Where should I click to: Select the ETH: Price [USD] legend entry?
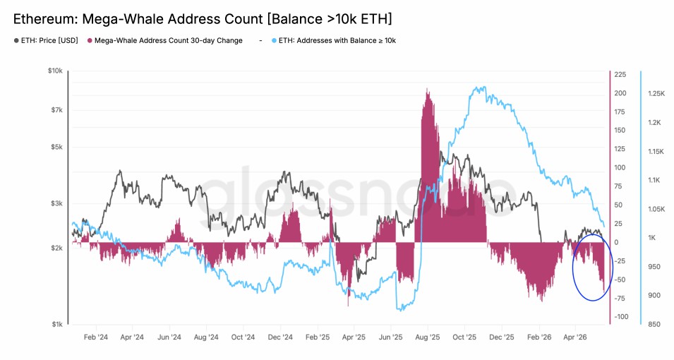(x=46, y=40)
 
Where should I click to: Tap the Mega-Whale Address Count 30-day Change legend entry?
(x=165, y=40)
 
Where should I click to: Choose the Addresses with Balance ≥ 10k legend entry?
(x=334, y=40)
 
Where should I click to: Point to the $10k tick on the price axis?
(x=56, y=71)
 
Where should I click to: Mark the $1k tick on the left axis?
(x=57, y=324)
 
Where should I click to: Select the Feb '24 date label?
(x=96, y=337)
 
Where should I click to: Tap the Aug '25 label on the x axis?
(x=428, y=337)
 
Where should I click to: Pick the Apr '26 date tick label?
(x=574, y=337)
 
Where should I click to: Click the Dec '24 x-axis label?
(x=280, y=337)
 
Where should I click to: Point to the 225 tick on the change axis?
(x=620, y=74)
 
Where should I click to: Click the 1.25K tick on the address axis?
(x=656, y=93)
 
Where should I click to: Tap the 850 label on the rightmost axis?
(x=654, y=324)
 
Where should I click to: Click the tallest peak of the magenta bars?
(x=427, y=89)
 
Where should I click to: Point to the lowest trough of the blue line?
(x=402, y=310)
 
